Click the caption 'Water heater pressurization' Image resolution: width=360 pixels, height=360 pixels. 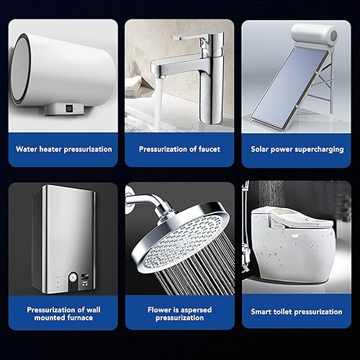[64, 149]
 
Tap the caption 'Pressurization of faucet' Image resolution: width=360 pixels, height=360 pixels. [180, 149]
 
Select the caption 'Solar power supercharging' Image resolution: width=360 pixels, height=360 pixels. [296, 149]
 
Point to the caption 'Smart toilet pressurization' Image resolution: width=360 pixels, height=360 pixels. [296, 312]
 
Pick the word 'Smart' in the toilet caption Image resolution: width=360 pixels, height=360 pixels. [263, 312]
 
